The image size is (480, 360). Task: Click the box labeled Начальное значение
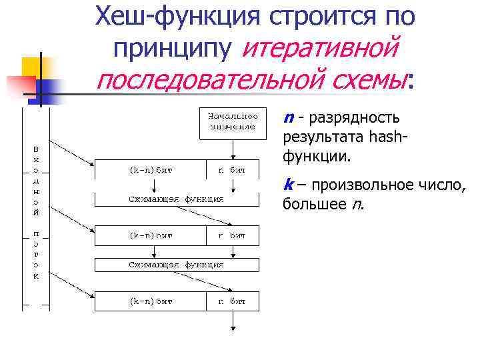232,122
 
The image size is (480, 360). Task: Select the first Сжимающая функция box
176,199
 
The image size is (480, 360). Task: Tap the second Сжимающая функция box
176,265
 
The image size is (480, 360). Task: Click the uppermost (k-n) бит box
151,170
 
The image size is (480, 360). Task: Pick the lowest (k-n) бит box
151,301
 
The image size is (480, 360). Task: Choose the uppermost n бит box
232,170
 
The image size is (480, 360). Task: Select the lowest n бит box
232,301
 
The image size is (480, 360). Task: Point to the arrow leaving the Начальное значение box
232,149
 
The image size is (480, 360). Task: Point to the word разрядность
354,118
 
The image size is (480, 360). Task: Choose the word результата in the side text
318,138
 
